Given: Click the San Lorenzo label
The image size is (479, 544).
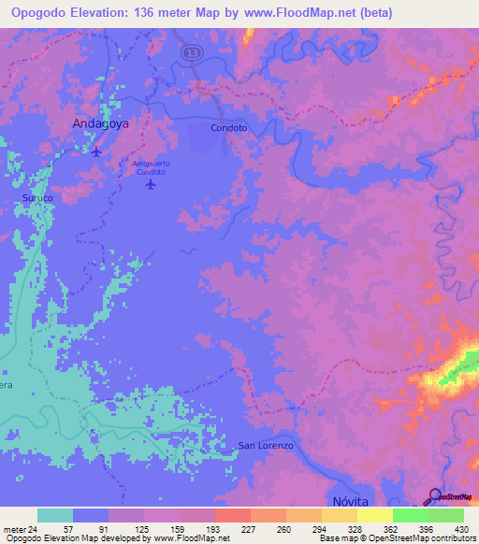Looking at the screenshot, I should coord(266,446).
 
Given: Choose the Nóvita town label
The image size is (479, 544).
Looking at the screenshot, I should coord(351,502).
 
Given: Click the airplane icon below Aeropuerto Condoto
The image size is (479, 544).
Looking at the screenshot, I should coord(151,184).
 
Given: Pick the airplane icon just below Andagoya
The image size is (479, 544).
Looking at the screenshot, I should coord(95,150).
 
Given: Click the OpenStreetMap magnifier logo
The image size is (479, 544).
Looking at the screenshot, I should coord(434,496).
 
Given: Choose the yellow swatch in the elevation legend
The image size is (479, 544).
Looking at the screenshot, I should coord(374,515).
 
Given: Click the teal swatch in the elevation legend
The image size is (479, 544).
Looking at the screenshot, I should coord(55,515).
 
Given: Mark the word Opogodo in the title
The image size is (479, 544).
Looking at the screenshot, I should coord(36,12).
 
